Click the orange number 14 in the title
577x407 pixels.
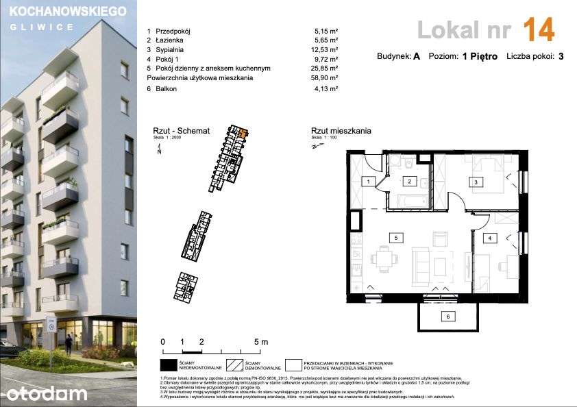[538, 30]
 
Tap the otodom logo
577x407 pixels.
[47, 393]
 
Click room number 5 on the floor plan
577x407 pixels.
[396, 237]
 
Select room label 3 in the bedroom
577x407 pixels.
[474, 182]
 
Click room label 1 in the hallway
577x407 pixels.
[368, 182]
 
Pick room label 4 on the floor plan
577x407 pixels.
[490, 238]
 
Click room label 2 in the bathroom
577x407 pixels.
[408, 182]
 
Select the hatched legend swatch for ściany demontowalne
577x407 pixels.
[235, 364]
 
